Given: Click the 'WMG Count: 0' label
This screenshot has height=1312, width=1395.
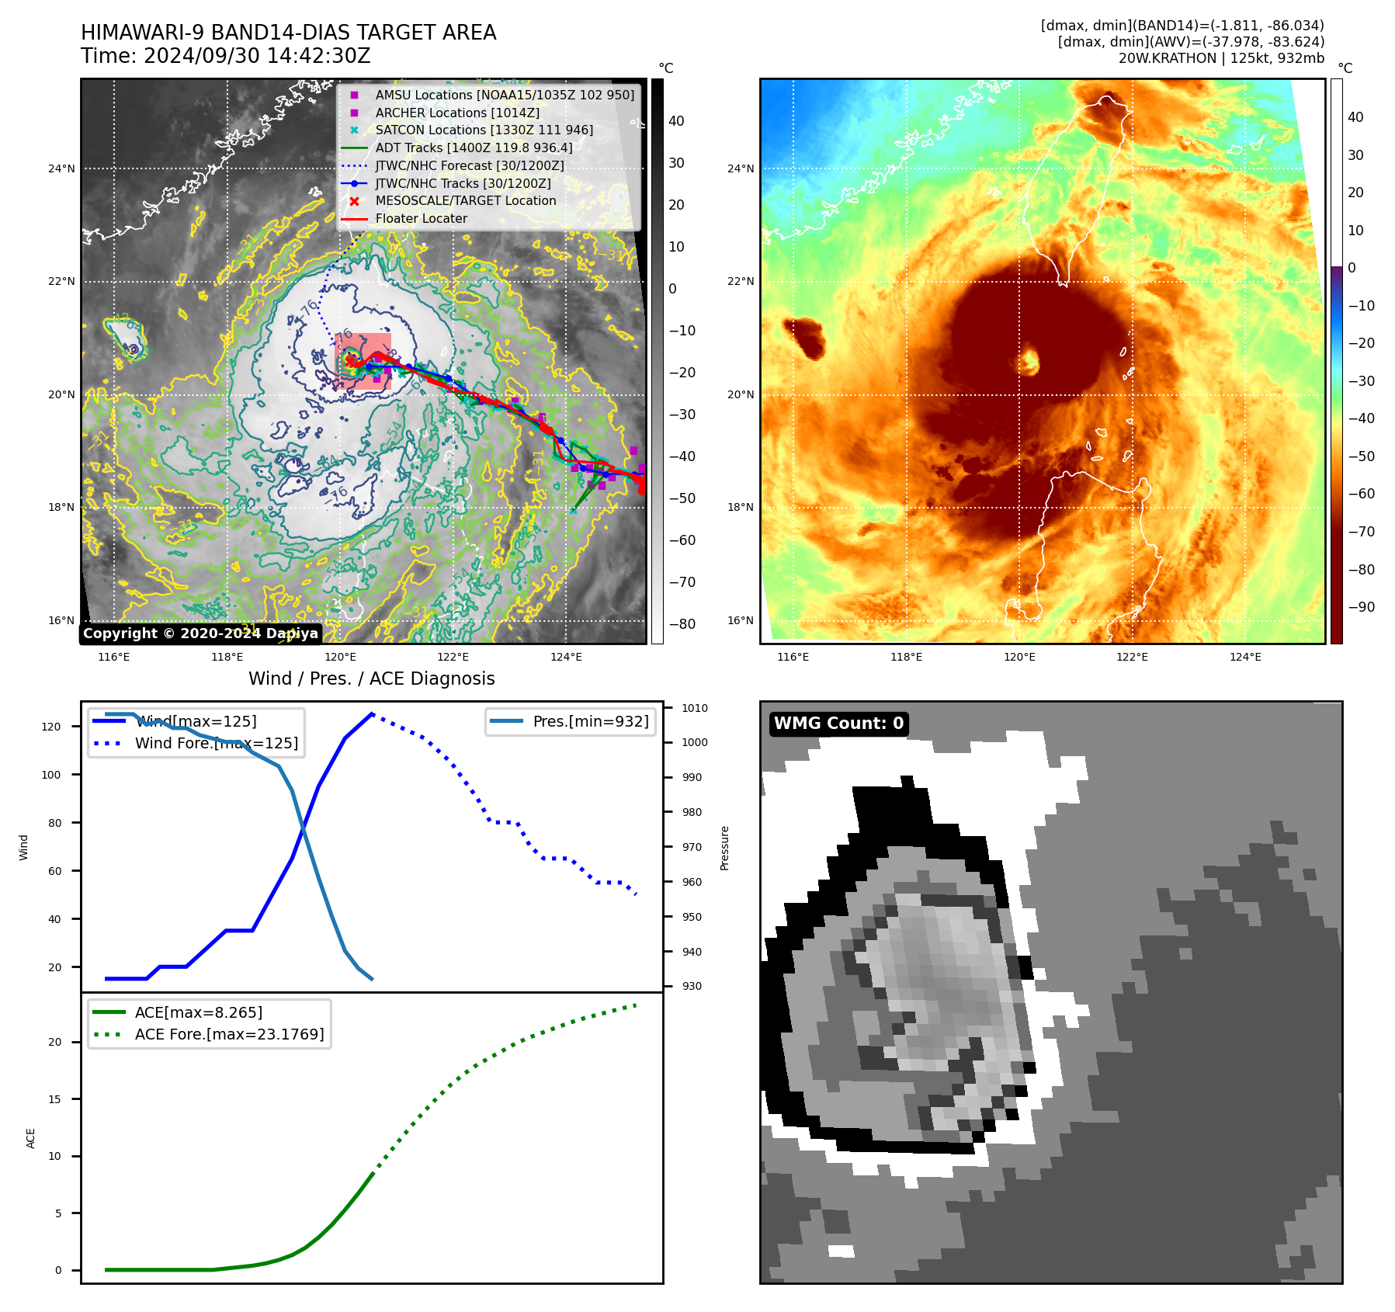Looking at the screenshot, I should [x=838, y=724].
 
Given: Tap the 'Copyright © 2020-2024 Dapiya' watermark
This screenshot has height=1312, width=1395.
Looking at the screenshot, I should [x=200, y=633].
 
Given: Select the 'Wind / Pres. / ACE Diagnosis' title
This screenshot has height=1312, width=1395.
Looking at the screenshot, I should [x=371, y=679].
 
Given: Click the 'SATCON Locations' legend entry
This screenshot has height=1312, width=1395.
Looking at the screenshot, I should [x=484, y=130].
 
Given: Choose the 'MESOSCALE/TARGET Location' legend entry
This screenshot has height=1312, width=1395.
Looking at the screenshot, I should [x=466, y=201].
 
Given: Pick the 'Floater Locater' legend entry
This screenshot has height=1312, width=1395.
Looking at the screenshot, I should [x=421, y=219].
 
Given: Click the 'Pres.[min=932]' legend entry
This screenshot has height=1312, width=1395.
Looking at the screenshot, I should [x=590, y=721].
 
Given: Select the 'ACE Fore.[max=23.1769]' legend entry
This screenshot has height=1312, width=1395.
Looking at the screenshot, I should [x=229, y=1034].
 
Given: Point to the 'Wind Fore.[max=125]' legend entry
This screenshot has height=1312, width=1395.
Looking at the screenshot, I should [x=216, y=743].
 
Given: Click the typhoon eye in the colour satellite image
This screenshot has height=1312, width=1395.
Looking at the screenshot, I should [x=1029, y=361].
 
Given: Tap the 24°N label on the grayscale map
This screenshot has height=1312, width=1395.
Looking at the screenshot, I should [x=62, y=168].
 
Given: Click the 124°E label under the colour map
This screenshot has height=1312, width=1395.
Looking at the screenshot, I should [x=1245, y=657].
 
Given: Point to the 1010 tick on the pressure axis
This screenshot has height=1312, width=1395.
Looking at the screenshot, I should [x=694, y=708].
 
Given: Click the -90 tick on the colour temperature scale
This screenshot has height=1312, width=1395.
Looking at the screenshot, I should [x=1361, y=607].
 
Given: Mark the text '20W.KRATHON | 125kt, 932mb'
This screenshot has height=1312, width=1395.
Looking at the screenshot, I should [x=1221, y=58].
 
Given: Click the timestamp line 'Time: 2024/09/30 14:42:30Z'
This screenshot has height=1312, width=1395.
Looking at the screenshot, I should [x=225, y=56].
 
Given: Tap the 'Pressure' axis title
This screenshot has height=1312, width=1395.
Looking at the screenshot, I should [x=724, y=848].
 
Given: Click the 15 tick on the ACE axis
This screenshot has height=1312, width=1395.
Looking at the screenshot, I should [x=55, y=1099].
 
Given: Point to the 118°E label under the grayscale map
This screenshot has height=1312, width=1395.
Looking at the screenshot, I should [x=227, y=657].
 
